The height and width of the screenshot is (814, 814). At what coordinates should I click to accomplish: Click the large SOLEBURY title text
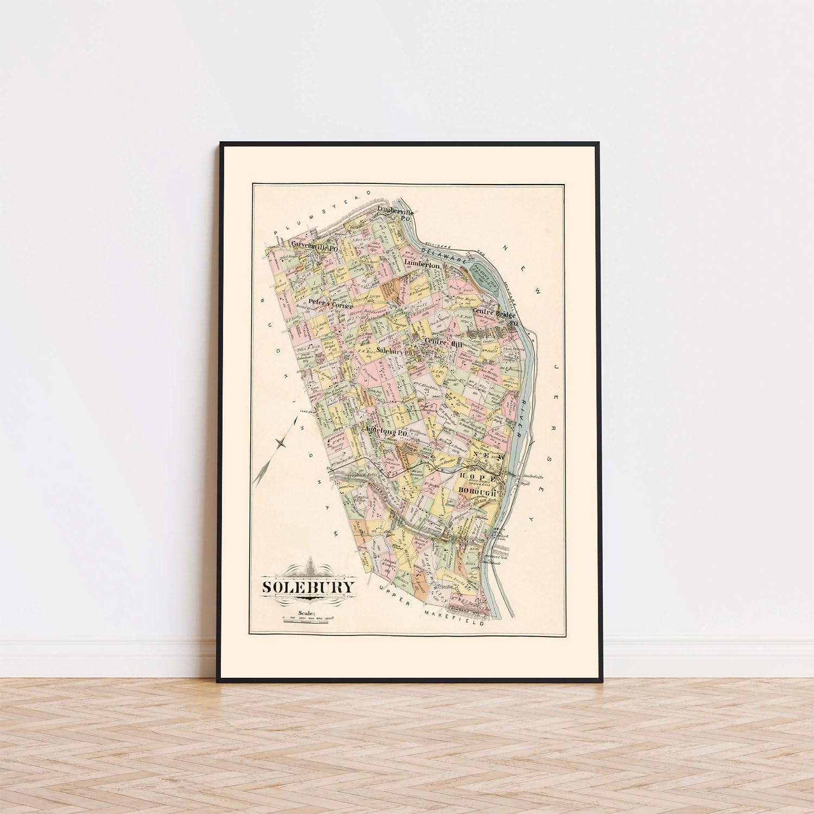click(x=309, y=587)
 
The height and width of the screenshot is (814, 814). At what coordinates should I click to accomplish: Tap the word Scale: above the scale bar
click(x=306, y=614)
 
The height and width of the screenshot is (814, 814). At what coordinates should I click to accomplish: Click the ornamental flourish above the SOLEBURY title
click(x=309, y=568)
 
